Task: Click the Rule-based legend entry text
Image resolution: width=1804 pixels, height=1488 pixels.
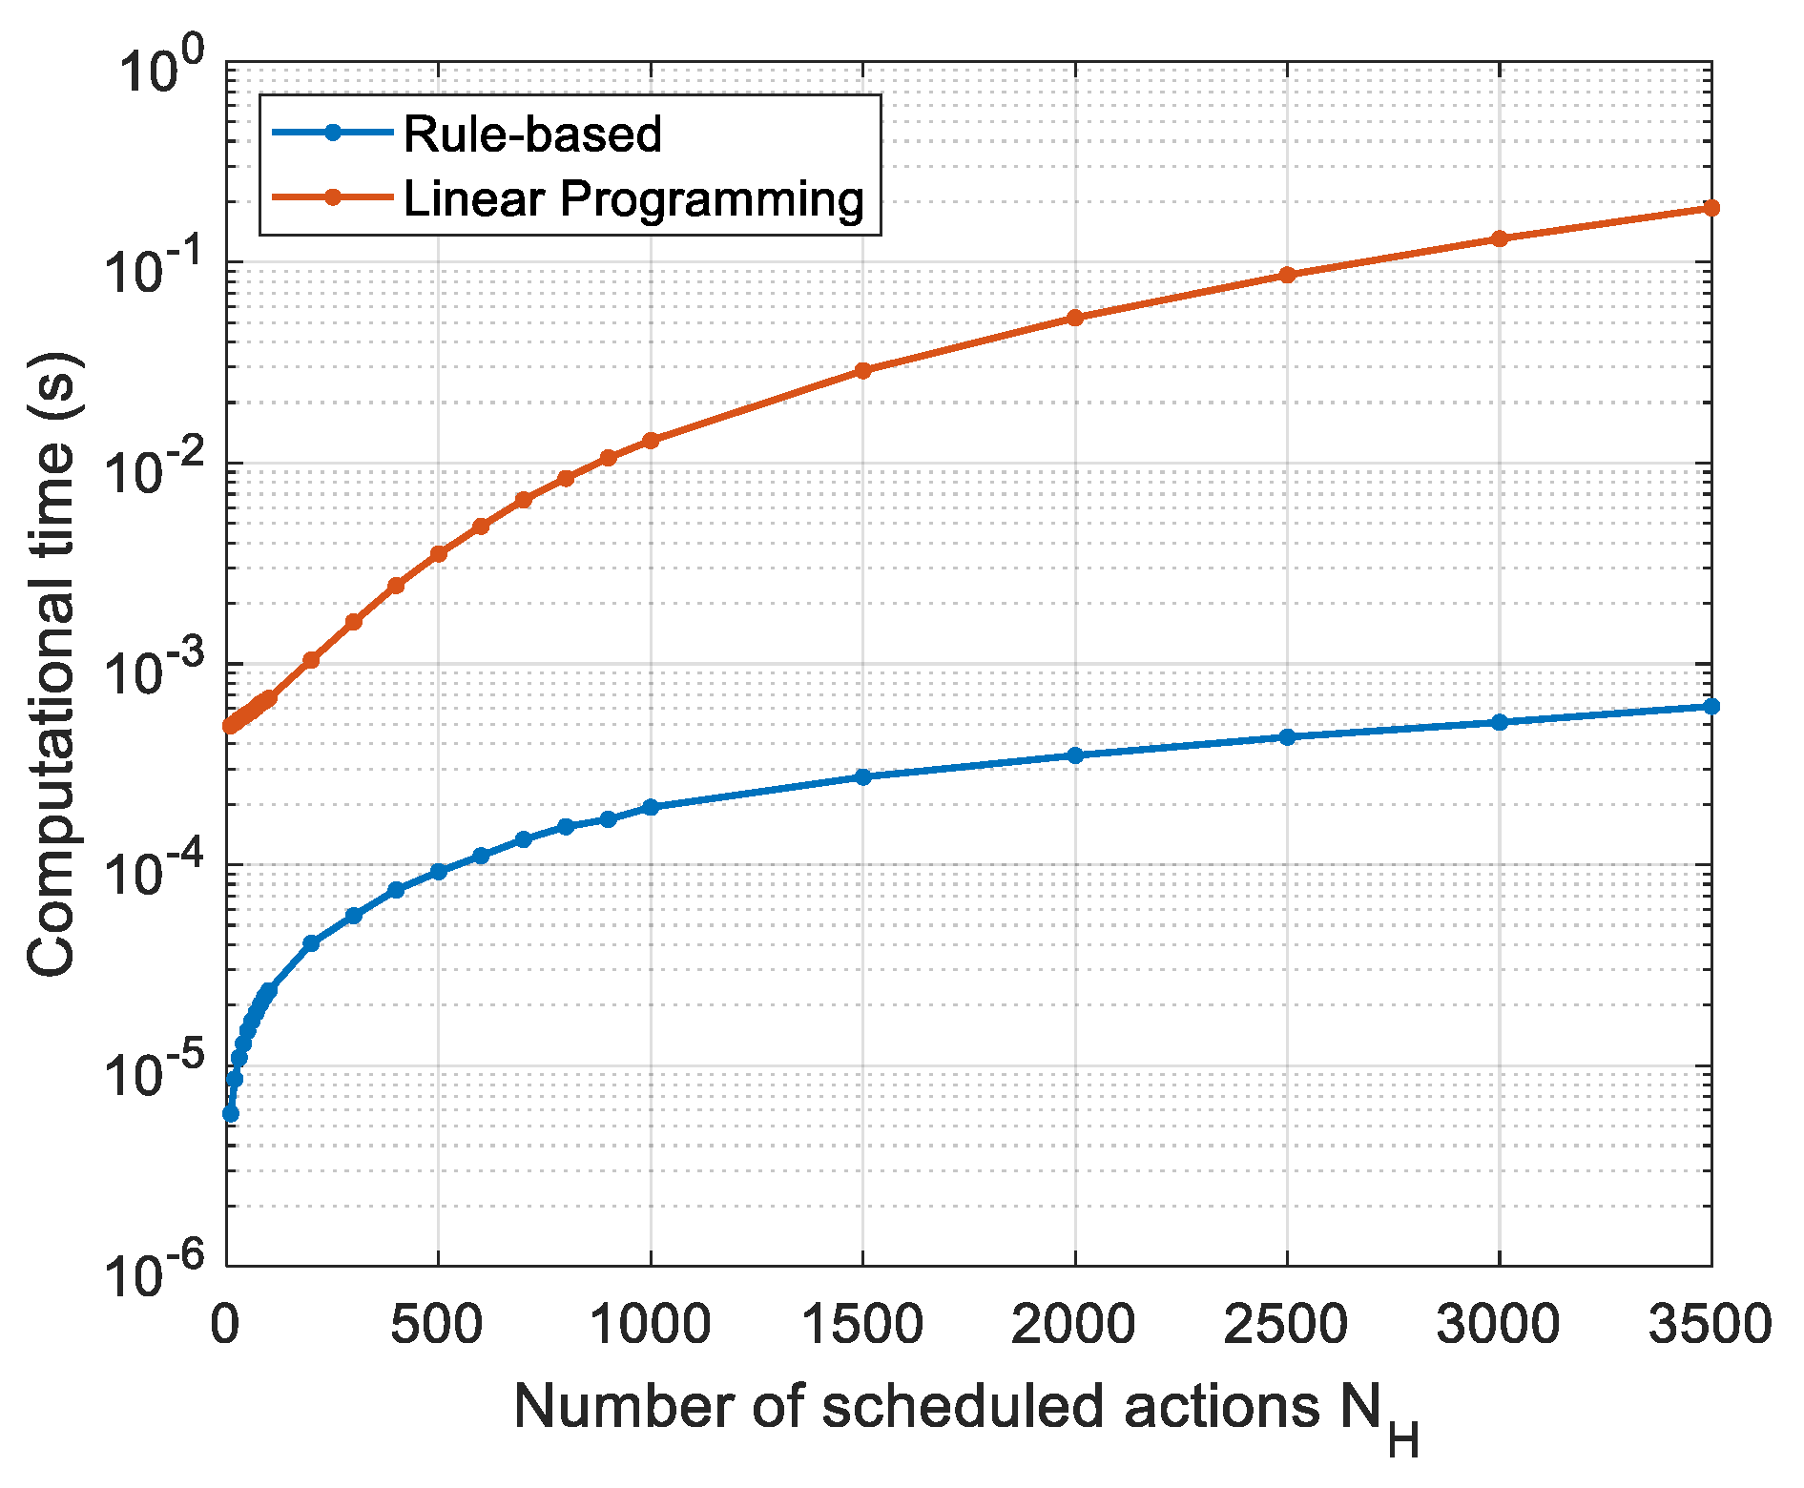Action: [531, 134]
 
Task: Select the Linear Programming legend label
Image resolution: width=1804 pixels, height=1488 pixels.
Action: [633, 199]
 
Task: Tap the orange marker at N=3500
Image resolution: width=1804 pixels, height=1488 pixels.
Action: [1711, 208]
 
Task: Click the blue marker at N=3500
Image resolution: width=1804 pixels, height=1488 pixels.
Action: [1711, 707]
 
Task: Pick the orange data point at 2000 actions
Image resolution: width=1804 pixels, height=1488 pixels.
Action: [1075, 318]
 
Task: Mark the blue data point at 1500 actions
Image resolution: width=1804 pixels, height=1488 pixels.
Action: [863, 777]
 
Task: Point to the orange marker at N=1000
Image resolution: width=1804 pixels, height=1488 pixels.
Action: [651, 441]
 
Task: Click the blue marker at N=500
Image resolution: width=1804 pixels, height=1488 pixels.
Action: [439, 872]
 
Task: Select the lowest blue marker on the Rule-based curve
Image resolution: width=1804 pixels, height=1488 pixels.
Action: [231, 1114]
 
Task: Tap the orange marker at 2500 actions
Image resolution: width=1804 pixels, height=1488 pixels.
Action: [1287, 275]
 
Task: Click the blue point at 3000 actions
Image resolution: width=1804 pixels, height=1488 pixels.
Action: [1499, 723]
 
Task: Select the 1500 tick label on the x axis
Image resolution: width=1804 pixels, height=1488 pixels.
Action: [863, 1325]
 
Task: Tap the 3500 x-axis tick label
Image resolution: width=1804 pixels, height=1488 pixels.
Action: [1710, 1325]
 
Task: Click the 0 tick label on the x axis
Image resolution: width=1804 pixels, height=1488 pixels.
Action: [227, 1325]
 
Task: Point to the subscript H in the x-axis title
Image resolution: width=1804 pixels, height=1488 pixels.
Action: [1403, 1439]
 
